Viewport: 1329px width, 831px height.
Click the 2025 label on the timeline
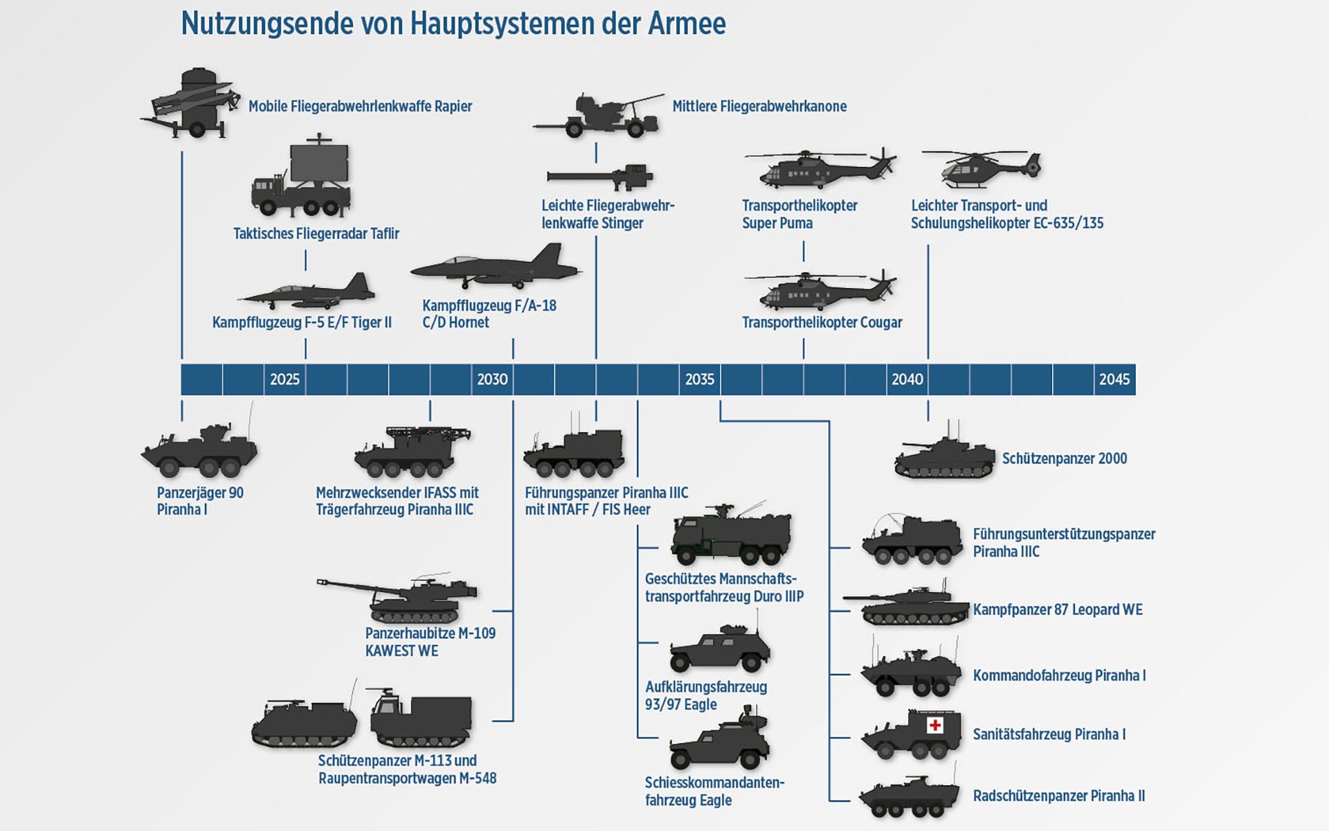[284, 379]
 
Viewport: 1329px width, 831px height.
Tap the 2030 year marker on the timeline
[492, 379]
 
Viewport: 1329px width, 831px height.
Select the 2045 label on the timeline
[1114, 379]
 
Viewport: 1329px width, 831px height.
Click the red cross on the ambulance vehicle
[935, 725]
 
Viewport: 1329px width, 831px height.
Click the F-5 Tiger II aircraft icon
[307, 293]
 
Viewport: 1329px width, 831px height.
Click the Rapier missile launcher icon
[190, 103]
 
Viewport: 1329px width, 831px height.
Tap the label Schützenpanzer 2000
[1065, 458]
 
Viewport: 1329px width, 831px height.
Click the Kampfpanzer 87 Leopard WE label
[1058, 610]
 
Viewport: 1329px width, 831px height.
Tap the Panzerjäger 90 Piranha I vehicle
[199, 452]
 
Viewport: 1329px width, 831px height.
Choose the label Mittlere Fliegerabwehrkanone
[759, 107]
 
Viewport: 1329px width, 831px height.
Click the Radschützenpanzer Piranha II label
[1058, 796]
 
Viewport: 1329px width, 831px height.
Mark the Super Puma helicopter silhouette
[820, 169]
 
